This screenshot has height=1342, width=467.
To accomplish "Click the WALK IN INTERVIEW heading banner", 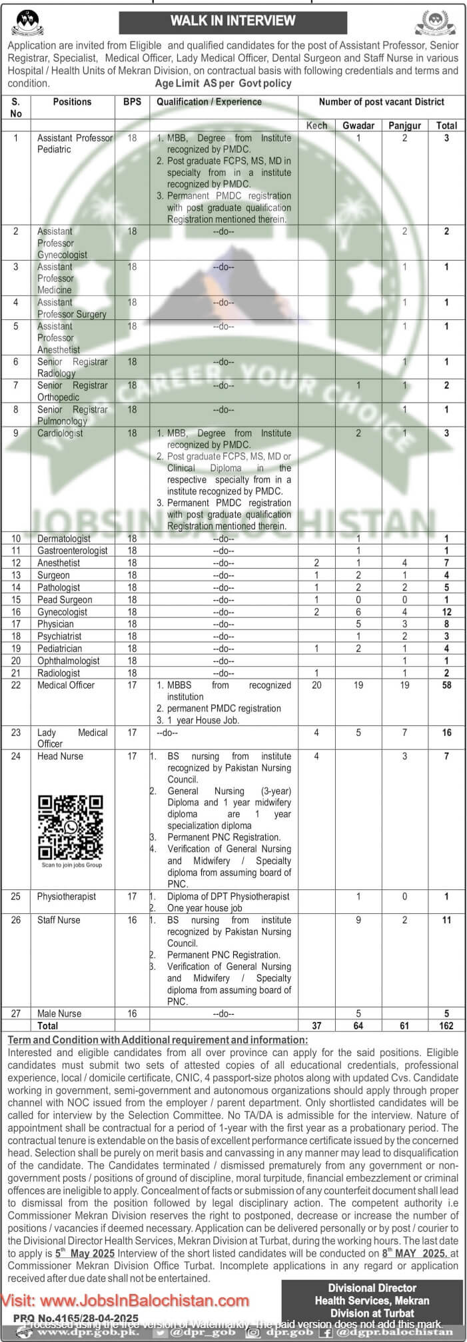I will [x=233, y=21].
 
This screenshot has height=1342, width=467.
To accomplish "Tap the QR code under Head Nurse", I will [x=71, y=827].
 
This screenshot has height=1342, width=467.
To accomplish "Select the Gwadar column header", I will [x=358, y=125].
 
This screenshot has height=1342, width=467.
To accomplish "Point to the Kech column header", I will [x=316, y=125].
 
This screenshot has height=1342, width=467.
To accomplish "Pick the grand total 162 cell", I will [x=446, y=1025].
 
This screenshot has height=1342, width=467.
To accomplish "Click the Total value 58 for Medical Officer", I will [x=446, y=685].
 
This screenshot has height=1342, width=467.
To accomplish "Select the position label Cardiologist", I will [x=60, y=433].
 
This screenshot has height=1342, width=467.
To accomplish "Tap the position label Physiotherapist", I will [x=67, y=897].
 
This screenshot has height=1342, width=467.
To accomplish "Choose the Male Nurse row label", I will [x=59, y=1013].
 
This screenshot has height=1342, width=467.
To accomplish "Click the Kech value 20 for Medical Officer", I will [x=316, y=685].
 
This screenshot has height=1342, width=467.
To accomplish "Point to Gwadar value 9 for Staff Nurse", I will [x=358, y=920].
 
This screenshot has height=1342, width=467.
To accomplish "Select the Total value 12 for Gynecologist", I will [x=446, y=612].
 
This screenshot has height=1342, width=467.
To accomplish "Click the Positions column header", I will [x=72, y=102].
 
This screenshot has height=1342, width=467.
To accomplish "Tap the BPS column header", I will [x=132, y=102].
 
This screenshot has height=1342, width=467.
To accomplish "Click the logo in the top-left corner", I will [x=26, y=25].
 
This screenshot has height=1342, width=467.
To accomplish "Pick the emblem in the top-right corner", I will [x=436, y=24].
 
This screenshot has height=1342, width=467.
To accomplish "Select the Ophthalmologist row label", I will [x=69, y=661].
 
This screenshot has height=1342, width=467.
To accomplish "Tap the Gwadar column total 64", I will [x=358, y=1025].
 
